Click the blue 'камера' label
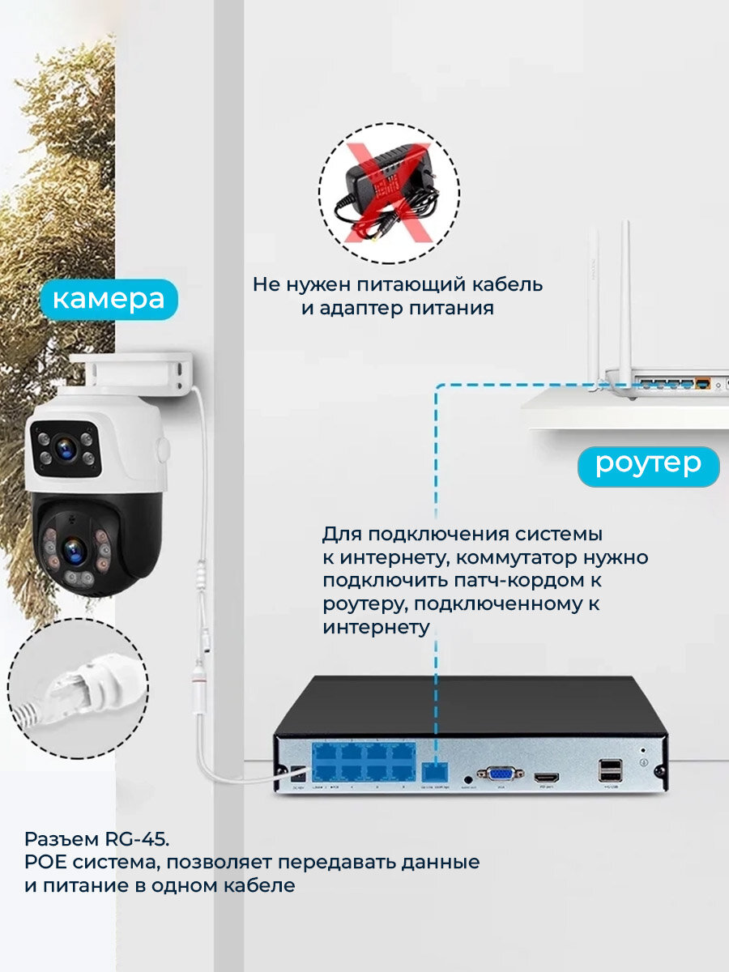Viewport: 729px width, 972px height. (x=109, y=299)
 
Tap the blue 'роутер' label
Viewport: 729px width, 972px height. (x=648, y=465)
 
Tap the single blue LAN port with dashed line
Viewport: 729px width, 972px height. (x=437, y=772)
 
